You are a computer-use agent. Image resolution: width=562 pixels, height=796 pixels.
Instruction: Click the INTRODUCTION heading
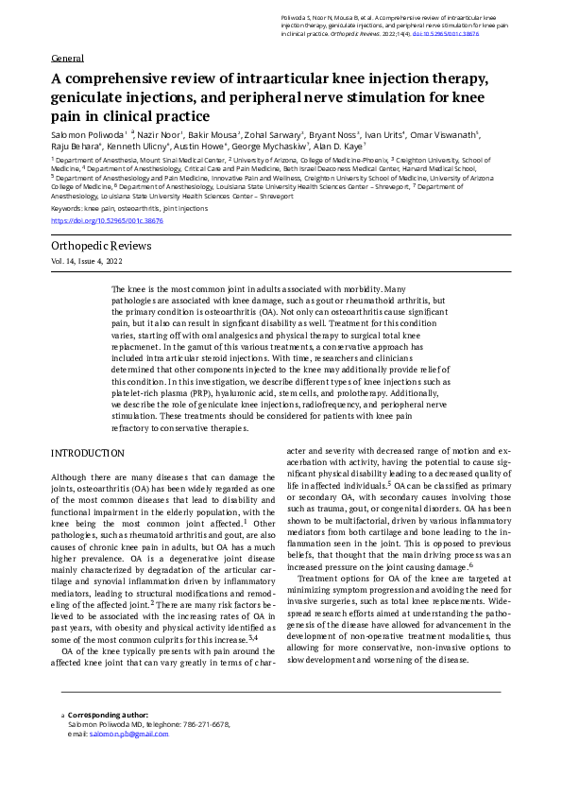pos(87,454)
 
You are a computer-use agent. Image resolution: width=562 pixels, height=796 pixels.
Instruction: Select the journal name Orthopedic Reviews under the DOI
pos(101,247)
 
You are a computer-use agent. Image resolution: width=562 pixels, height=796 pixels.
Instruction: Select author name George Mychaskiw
pos(276,147)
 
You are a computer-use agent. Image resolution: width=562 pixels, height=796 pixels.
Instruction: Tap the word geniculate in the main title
pos(91,98)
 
